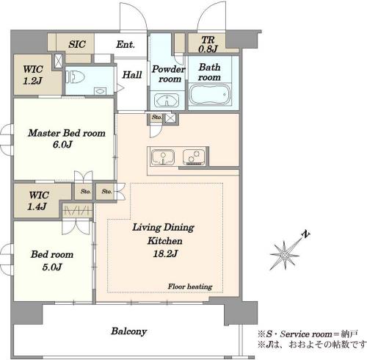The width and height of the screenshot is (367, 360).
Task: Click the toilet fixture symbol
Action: (x=75, y=76)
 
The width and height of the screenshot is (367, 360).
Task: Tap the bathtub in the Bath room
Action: (x=210, y=95)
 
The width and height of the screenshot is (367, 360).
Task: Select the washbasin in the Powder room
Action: (x=167, y=100)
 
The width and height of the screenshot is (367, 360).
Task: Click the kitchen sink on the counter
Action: (x=163, y=156)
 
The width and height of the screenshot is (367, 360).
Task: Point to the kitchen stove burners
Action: (x=194, y=156)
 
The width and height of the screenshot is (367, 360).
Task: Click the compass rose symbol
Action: (x=285, y=255)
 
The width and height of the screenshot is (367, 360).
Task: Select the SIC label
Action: (x=77, y=44)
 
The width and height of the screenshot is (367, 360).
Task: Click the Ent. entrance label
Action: (x=126, y=44)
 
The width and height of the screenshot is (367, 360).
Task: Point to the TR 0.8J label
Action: (x=208, y=44)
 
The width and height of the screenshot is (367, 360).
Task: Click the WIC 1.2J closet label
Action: (x=33, y=75)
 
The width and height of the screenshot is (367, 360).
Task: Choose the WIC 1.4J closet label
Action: (x=38, y=201)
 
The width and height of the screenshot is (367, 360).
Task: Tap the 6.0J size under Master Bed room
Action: (x=62, y=145)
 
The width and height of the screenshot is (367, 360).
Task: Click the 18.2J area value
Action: (x=165, y=253)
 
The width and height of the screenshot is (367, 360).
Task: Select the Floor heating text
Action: (x=190, y=287)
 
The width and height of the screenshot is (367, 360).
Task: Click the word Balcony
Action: (x=128, y=331)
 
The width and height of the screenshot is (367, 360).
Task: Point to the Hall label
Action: (x=132, y=75)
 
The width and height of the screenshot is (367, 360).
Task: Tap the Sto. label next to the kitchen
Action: (x=156, y=117)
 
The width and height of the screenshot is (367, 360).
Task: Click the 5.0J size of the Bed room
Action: (x=51, y=267)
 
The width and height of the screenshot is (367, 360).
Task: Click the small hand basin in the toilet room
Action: (x=100, y=91)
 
